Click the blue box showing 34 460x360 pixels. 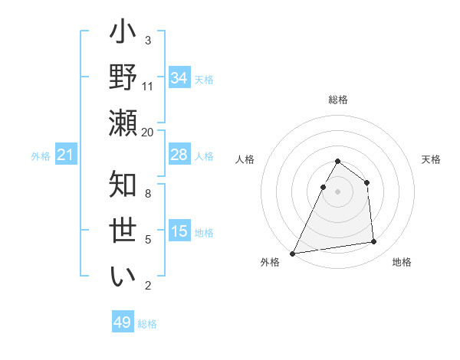point(179,78)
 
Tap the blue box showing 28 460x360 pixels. point(179,155)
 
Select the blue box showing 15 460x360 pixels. point(179,231)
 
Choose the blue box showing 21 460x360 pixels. point(65,155)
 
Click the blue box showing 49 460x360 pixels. point(123,322)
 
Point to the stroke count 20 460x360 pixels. point(148,131)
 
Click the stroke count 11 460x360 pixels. point(148,86)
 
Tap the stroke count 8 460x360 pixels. point(148,193)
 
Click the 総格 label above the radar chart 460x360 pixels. point(338,100)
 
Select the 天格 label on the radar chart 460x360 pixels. point(432,159)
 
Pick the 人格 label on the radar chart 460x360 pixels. point(245,159)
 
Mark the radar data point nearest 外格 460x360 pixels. point(293,253)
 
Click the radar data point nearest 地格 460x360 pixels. point(374,242)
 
